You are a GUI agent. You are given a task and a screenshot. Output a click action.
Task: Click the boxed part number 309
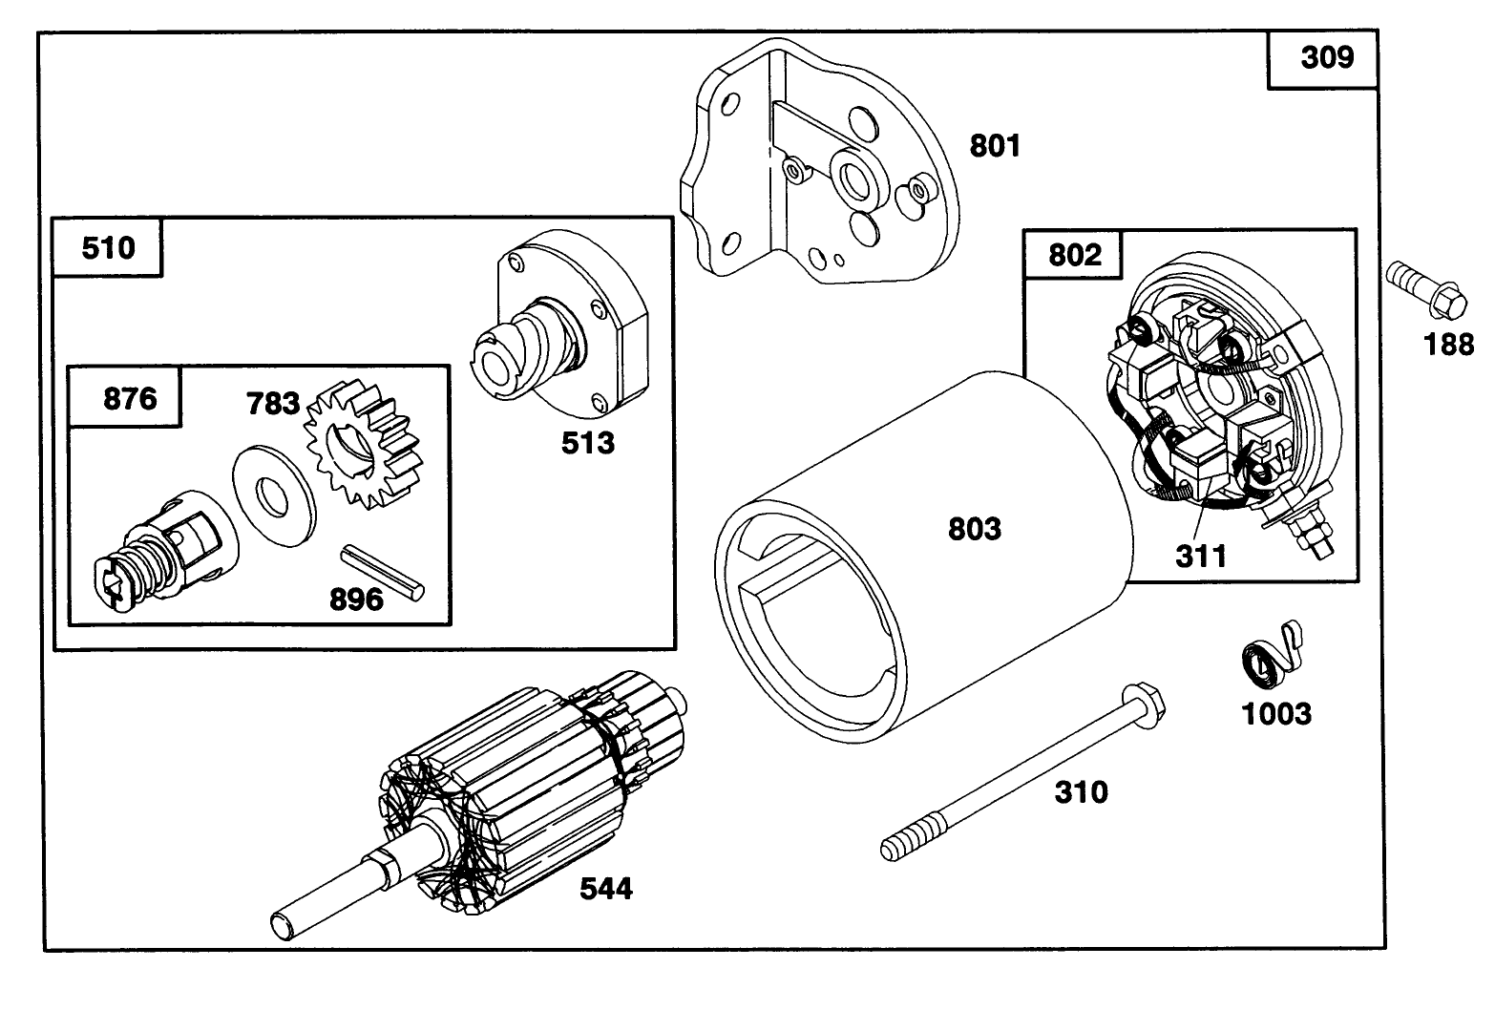[x=1326, y=58]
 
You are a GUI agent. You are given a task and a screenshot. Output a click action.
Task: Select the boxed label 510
[x=108, y=248]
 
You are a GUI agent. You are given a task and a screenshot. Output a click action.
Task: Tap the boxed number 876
[x=129, y=397]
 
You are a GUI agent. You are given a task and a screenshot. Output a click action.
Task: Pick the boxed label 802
[x=1074, y=255]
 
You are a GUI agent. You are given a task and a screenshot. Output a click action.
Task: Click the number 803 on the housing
[x=974, y=529]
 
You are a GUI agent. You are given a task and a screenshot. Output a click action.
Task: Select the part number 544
[x=606, y=889]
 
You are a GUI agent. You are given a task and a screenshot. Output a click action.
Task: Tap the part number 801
[x=995, y=146]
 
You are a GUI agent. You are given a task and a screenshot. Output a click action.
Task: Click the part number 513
[x=587, y=442]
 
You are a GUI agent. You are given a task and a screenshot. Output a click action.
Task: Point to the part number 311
[x=1200, y=556]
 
